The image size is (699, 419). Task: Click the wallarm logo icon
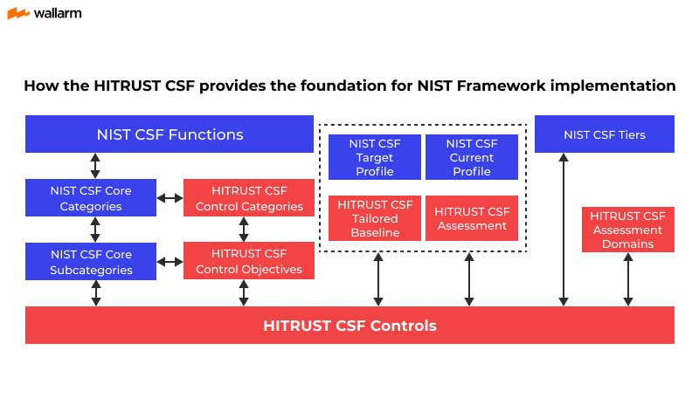point(17,13)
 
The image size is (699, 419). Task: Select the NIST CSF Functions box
point(170,134)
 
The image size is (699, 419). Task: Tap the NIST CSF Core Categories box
point(91,198)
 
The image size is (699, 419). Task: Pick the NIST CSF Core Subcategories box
point(91,262)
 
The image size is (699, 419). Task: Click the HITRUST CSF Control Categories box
point(249,198)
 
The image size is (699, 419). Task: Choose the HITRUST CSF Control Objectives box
point(249,262)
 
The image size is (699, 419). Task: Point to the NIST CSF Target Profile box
point(374,157)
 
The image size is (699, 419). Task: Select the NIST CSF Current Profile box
point(471,157)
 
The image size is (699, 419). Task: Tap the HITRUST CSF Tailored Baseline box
point(374,218)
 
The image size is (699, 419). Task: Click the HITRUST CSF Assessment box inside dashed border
point(471,218)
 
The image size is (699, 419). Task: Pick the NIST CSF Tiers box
point(604,134)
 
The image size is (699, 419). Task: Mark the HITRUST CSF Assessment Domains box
point(627,230)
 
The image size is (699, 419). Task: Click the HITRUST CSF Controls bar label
point(349,326)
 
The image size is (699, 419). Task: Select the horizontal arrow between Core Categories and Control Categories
point(170,198)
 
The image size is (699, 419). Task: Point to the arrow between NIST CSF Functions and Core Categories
point(95,166)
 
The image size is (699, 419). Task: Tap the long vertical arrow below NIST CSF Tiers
point(564,229)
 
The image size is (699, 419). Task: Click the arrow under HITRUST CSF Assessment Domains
point(627,279)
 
